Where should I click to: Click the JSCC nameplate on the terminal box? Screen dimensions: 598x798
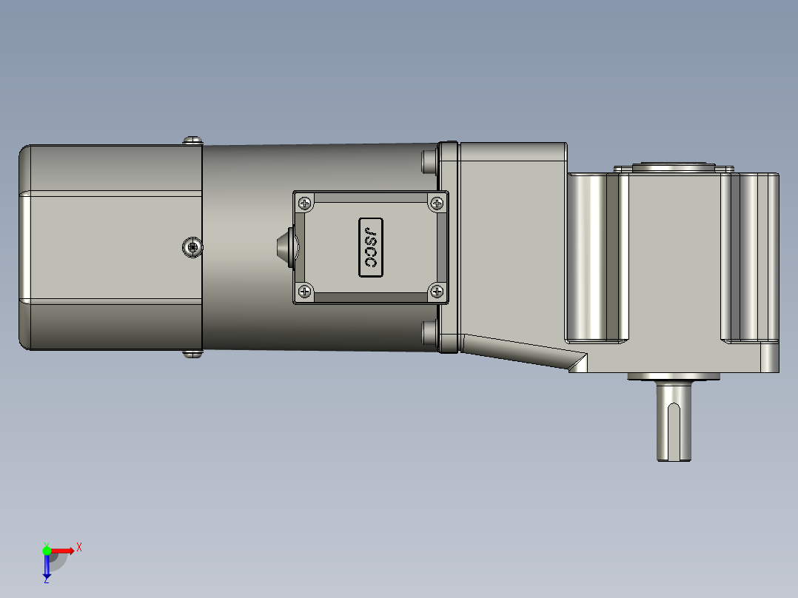pos(371,247)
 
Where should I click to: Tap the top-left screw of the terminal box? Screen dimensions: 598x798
pos(304,202)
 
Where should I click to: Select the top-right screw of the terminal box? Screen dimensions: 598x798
pos(437,202)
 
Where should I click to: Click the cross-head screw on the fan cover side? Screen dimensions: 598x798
pos(192,247)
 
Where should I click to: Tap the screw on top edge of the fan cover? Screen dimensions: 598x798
pos(192,139)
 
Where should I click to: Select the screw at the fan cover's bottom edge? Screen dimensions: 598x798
pos(192,354)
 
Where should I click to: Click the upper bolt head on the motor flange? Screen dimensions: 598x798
pos(428,161)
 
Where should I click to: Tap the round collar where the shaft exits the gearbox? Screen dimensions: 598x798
pos(674,377)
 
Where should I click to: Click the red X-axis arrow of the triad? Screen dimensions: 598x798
pos(64,550)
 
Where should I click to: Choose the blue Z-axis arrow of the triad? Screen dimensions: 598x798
pos(47,567)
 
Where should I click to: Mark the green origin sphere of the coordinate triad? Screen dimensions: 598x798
pos(47,550)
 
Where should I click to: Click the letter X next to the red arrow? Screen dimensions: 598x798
pos(79,547)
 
